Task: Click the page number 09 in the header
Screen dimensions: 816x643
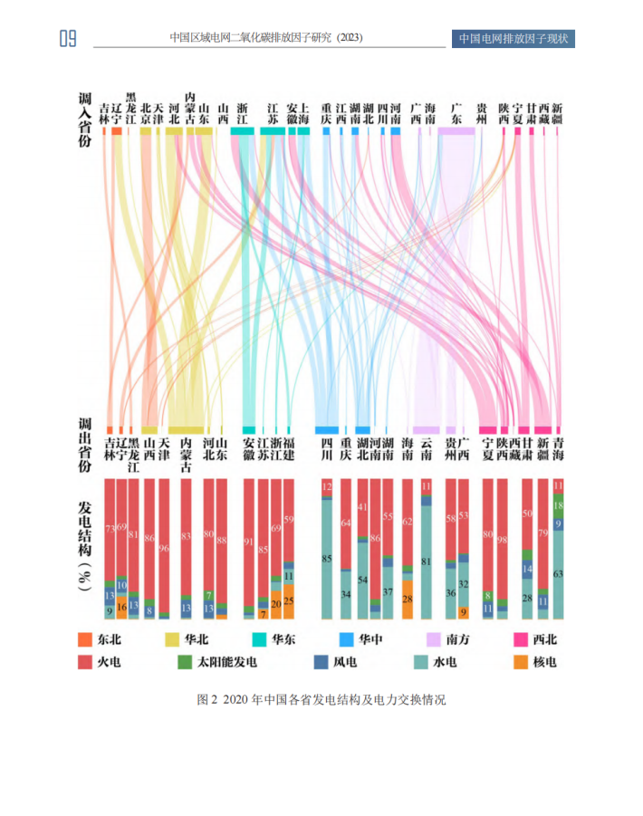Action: click(x=67, y=38)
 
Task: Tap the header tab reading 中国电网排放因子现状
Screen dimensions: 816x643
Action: click(x=513, y=38)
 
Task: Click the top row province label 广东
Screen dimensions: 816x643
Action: click(x=456, y=112)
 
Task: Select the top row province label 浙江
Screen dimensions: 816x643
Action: click(x=241, y=112)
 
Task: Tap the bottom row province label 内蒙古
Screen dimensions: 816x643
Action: click(x=186, y=455)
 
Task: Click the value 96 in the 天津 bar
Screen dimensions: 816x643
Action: click(x=164, y=523)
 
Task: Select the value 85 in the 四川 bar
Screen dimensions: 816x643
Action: click(x=327, y=559)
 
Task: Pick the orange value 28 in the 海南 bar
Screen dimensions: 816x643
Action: click(x=408, y=600)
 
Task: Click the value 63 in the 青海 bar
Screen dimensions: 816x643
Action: click(x=559, y=574)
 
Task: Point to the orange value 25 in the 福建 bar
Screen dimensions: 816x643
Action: click(x=289, y=601)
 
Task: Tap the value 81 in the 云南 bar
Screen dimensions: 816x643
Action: click(x=427, y=562)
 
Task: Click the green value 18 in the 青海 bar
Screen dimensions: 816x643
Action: click(x=559, y=506)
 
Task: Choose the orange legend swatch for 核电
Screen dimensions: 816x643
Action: click(x=513, y=662)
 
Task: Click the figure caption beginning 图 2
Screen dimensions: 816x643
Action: click(x=321, y=700)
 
